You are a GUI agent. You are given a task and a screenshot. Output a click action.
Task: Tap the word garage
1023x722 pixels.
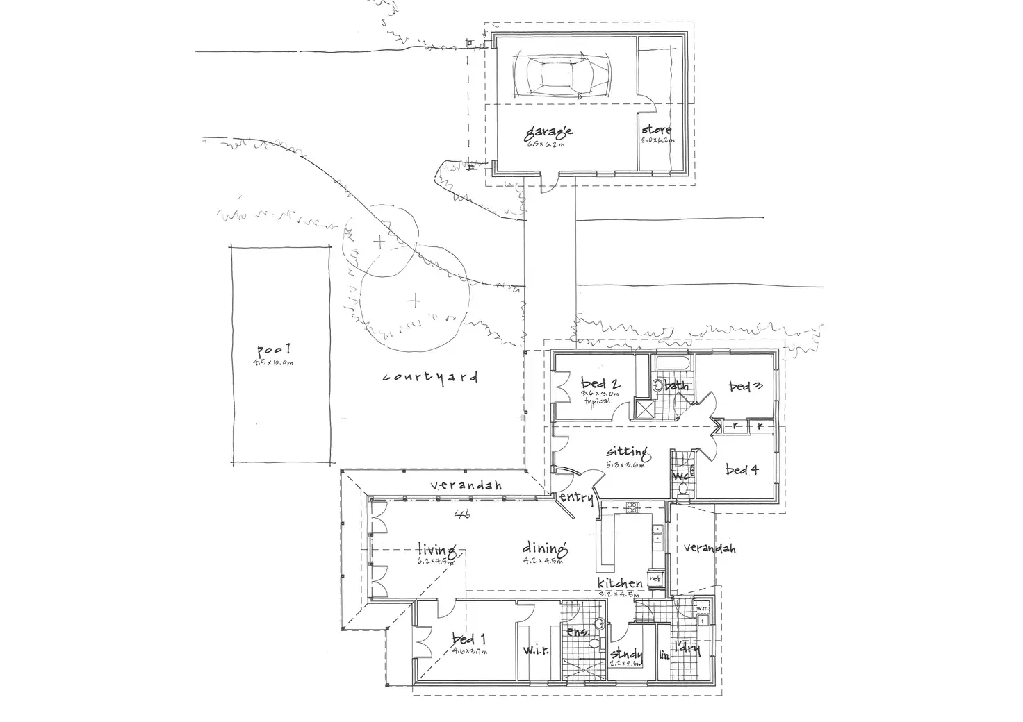click(x=548, y=131)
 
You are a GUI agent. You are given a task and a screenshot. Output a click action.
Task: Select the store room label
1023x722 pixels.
click(x=656, y=130)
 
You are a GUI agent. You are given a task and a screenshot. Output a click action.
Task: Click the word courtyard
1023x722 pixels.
click(x=431, y=378)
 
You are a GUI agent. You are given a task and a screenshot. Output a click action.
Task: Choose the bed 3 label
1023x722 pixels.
click(x=746, y=387)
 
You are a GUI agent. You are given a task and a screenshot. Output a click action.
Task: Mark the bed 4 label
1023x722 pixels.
click(x=742, y=470)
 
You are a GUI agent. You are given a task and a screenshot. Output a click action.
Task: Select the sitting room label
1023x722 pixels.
click(x=626, y=453)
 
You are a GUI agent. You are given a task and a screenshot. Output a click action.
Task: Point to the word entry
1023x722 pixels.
click(x=577, y=498)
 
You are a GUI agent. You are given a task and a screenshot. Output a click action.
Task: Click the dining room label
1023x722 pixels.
click(x=546, y=549)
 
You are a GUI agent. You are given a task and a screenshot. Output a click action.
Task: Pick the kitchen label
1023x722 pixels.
click(x=621, y=584)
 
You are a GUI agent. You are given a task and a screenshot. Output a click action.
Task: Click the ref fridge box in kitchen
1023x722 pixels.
click(x=654, y=578)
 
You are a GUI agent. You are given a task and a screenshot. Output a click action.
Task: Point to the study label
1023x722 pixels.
click(x=626, y=654)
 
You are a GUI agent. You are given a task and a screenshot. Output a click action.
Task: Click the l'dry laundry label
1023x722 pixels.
click(x=686, y=650)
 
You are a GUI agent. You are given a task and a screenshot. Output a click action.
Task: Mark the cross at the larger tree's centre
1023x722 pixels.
click(x=414, y=301)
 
